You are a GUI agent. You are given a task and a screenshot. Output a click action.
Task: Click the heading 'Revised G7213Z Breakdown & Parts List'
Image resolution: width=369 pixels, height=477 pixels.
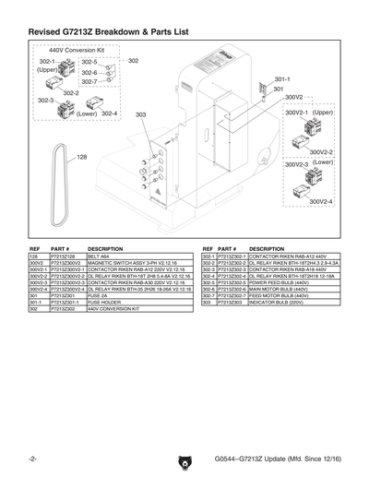pos(109,31)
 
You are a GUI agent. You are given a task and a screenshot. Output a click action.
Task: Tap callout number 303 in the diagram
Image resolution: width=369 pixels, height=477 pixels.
pos(140,115)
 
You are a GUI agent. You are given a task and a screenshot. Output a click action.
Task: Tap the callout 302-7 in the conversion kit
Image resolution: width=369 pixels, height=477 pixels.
pos(89,82)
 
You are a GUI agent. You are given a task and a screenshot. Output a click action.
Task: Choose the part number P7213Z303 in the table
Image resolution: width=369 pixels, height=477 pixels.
pos(232,301)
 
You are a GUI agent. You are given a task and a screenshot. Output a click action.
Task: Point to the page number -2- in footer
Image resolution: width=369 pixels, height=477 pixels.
pos(32,459)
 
